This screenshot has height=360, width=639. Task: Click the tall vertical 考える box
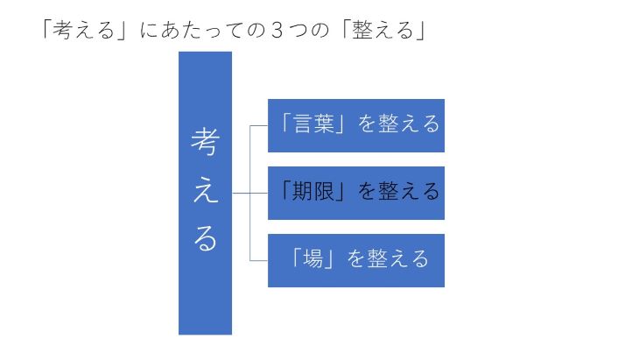(205, 193)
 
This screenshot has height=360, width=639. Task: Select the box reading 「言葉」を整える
(355, 125)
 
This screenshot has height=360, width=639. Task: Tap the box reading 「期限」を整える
(355, 193)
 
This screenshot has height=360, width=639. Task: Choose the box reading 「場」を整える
(355, 260)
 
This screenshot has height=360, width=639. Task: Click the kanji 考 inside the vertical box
(206, 142)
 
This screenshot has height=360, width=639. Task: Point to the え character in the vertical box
(206, 191)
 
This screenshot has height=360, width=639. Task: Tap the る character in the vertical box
(205, 237)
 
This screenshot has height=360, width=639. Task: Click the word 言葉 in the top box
(313, 124)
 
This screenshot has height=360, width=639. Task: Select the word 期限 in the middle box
(313, 191)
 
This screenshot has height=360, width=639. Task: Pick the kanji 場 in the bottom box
(313, 258)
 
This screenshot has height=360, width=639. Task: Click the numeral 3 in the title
(277, 30)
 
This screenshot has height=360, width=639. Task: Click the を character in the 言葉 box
(367, 124)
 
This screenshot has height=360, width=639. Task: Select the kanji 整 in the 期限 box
(389, 191)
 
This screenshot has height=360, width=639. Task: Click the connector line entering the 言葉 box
(259, 125)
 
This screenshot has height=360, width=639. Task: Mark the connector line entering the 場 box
(259, 260)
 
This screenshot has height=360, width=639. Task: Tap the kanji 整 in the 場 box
(377, 258)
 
